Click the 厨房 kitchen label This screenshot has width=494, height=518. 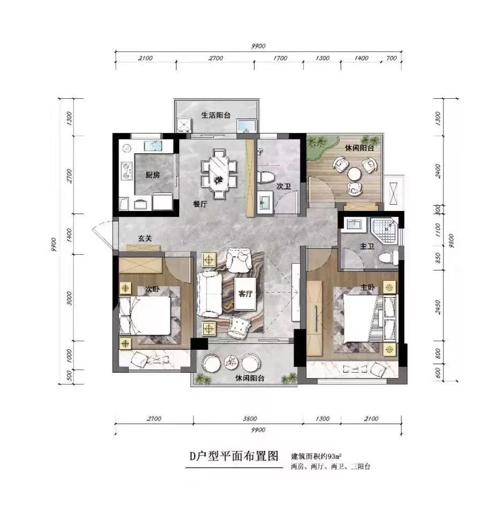click(152, 175)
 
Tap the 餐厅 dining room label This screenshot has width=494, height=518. click(200, 204)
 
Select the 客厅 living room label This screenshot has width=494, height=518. click(245, 293)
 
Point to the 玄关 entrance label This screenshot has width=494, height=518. click(145, 238)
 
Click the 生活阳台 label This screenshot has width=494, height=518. click(216, 115)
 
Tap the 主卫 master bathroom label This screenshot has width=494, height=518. click(367, 246)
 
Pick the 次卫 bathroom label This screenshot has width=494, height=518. click(284, 186)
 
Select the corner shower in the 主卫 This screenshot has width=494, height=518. click(384, 230)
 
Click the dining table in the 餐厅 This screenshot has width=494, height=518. click(219, 174)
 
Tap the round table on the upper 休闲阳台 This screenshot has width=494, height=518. click(354, 174)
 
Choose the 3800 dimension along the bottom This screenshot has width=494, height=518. click(250, 419)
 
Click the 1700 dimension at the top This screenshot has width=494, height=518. click(280, 58)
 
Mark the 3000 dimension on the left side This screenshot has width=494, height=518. click(69, 299)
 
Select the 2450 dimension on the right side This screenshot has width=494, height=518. click(438, 307)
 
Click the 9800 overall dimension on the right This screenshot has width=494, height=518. click(451, 241)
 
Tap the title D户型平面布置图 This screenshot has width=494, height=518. click(234, 456)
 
